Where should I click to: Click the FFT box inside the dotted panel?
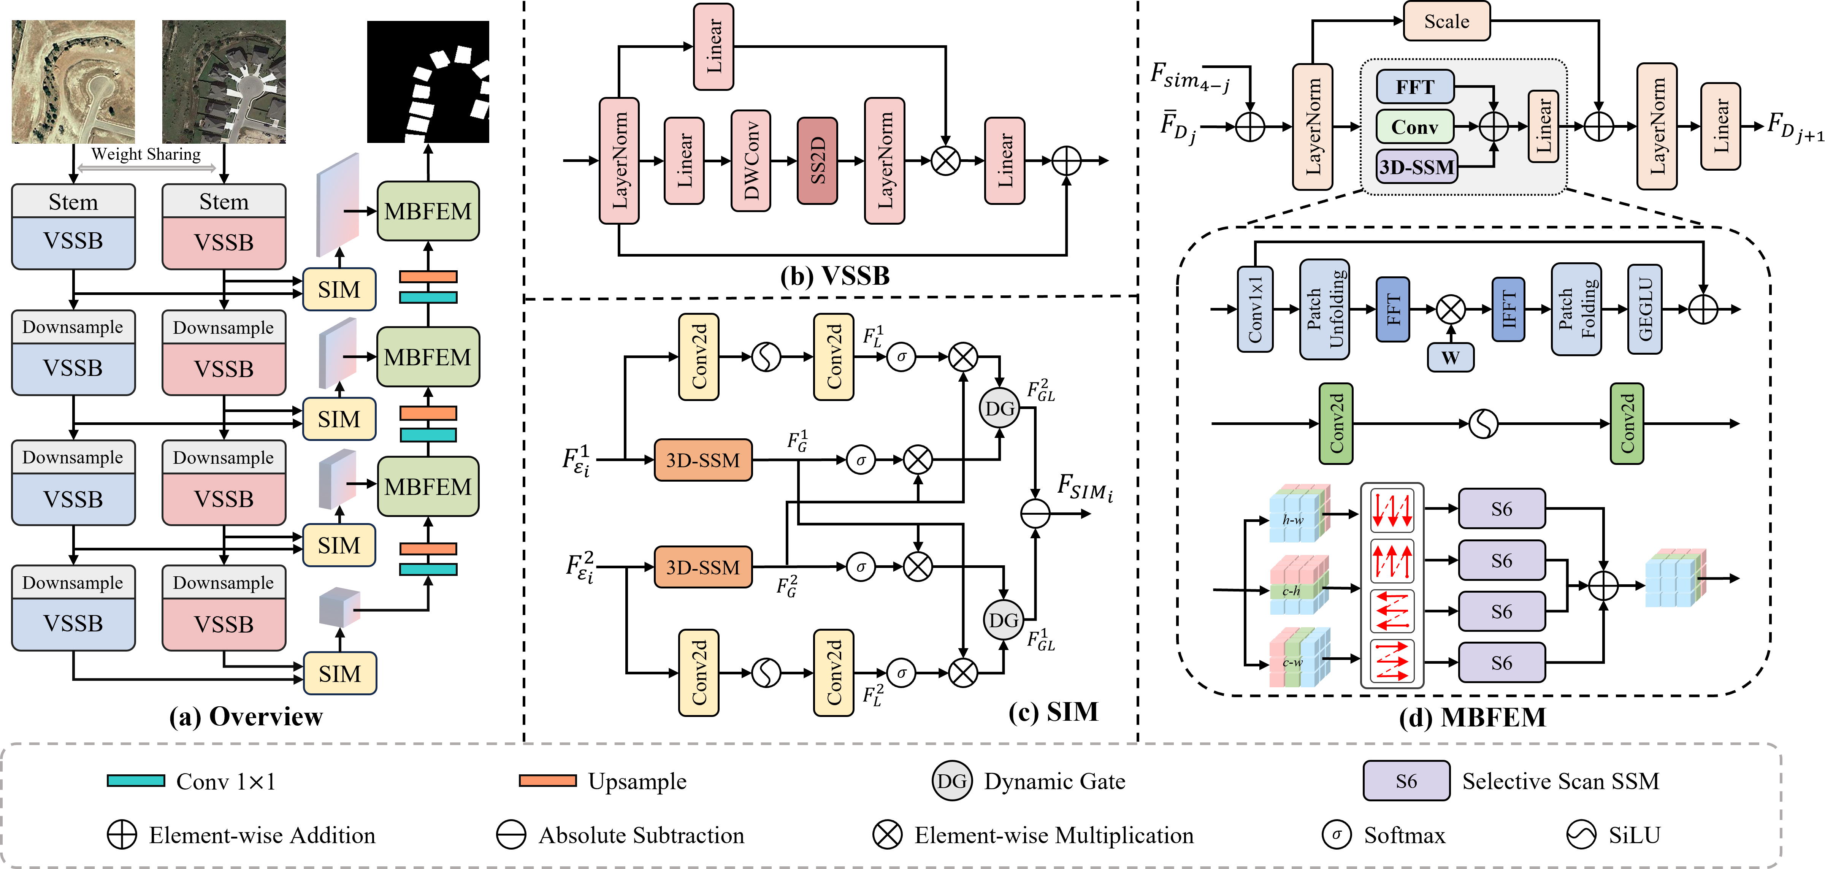(1414, 87)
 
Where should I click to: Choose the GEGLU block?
(1644, 309)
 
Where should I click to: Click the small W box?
(1450, 357)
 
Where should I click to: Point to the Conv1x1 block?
(1255, 309)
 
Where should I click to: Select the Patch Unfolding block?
(1324, 309)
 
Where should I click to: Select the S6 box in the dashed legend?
(1406, 781)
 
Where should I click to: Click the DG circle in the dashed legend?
(951, 781)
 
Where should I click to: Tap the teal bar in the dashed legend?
(136, 780)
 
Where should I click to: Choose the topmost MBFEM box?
(427, 211)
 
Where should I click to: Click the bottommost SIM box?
(339, 674)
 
